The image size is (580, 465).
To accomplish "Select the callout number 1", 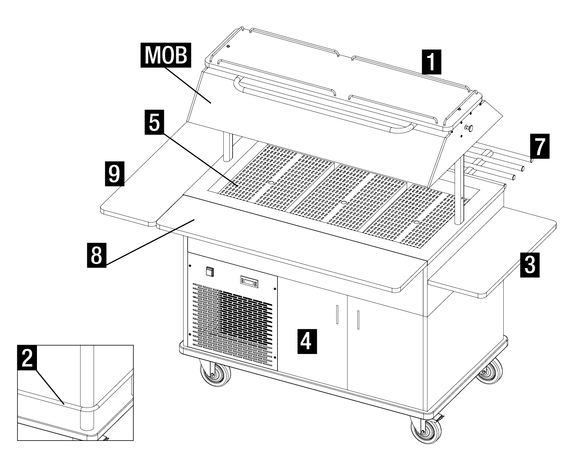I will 431,61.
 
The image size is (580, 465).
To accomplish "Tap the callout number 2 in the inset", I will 27,357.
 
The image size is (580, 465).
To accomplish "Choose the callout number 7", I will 539,146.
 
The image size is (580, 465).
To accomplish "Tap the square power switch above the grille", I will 209,272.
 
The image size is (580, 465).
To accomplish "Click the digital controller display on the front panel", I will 249,282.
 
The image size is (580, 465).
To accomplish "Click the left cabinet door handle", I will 337,314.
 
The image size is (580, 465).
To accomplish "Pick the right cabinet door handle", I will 358,320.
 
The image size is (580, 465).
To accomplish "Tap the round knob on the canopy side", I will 468,128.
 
